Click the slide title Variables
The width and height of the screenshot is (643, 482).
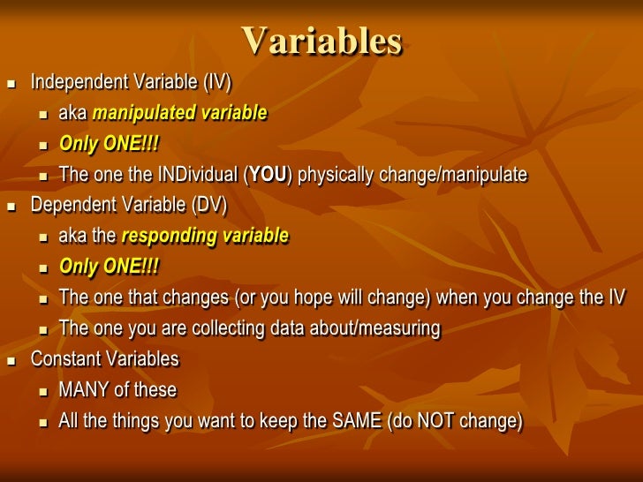321,40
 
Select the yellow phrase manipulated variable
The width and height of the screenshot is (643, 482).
179,113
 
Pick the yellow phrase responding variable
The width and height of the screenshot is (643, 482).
204,236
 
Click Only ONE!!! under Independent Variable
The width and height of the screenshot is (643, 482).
110,144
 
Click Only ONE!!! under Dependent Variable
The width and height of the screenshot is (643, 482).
110,267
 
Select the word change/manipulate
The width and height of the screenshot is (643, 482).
453,175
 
